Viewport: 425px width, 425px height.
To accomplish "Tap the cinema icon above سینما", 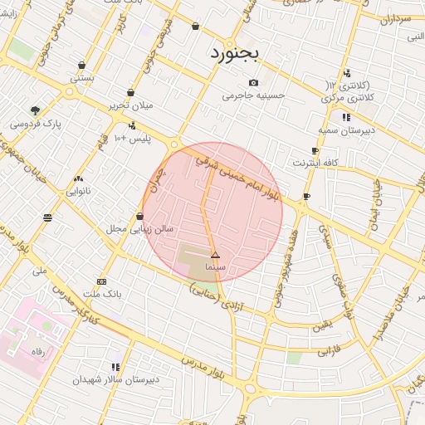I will coord(215,255).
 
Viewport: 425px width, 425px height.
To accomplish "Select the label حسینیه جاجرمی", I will coord(253,95).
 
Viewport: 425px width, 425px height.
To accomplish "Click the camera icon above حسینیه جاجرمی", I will coord(253,82).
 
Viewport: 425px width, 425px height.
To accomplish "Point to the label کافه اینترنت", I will coord(315,164).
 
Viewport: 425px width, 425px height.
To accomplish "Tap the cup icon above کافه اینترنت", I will coord(315,151).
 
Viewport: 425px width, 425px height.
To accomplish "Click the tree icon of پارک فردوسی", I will coord(35,110).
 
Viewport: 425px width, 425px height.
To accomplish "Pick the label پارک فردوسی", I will coord(35,124).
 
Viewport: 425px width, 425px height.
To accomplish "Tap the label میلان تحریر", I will coord(131,106).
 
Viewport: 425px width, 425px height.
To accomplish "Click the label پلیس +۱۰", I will coord(132,138).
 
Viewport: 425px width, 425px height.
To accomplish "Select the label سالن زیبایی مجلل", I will coord(139,228).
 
